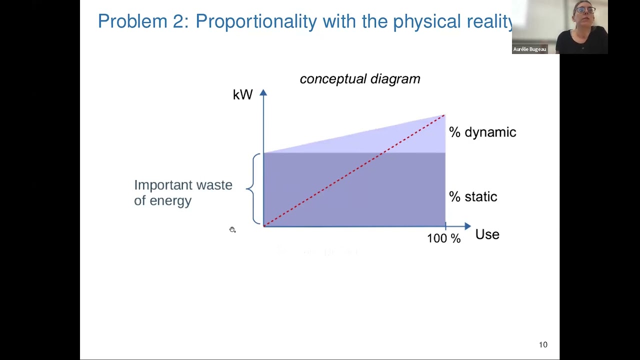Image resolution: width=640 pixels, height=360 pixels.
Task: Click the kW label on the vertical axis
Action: pos(242,94)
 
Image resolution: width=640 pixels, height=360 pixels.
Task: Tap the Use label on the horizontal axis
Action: pos(487,234)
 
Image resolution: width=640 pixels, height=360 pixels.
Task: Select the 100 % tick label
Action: pos(443,238)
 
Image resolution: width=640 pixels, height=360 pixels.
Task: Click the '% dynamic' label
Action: pos(482,132)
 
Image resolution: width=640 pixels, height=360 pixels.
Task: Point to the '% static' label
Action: pos(473,196)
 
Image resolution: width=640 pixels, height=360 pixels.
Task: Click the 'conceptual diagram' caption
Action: pos(360,79)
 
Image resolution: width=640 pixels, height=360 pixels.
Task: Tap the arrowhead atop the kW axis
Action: pos(263,93)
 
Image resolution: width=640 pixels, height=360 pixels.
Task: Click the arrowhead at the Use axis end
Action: pos(467,226)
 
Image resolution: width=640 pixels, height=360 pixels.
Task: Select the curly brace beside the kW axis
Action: pos(255,188)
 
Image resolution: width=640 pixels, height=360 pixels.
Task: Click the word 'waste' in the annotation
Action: pos(214,185)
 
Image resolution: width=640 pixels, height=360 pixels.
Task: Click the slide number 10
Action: pos(543,344)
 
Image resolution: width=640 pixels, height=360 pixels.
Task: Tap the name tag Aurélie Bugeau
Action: pos(529,49)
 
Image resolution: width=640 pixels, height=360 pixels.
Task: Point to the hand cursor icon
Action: pos(232,229)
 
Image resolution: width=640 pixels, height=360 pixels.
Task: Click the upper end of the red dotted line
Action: pos(443,116)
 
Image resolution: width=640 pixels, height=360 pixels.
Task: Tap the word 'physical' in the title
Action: pos(426,21)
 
